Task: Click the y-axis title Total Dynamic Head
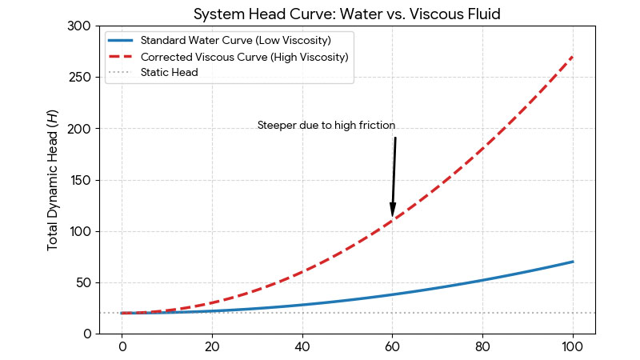coord(54,180)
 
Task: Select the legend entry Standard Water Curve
coord(235,40)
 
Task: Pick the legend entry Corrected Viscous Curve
coord(243,57)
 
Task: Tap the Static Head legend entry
coord(169,73)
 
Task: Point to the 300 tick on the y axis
coord(78,26)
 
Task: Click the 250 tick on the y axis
coord(78,78)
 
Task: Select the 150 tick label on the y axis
coord(78,180)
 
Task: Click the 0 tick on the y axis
coord(85,334)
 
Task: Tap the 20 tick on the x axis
coord(212,348)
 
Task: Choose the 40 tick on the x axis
coord(302,348)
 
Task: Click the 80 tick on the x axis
coord(482,348)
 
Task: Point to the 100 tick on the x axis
coord(573,348)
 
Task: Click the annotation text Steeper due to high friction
coord(326,126)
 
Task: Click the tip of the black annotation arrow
coord(392,216)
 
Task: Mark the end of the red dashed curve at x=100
coord(573,57)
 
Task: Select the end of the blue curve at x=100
coord(573,262)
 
